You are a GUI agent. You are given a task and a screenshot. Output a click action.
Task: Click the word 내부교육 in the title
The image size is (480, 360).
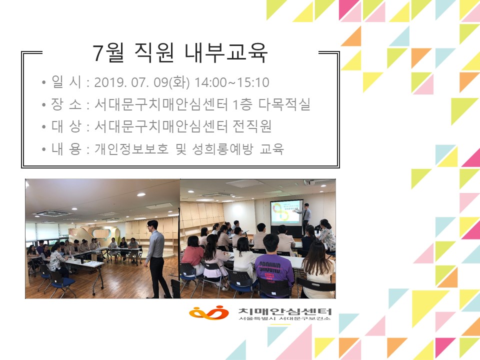226,52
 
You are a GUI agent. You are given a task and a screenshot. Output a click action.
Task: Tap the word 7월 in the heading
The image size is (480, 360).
108,52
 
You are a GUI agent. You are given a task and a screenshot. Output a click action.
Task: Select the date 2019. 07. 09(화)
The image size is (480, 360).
141,82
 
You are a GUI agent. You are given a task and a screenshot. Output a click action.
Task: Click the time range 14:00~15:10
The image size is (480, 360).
231,82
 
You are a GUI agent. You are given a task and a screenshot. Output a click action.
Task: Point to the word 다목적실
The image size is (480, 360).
284,104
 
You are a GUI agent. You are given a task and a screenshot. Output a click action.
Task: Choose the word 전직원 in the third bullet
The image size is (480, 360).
252,126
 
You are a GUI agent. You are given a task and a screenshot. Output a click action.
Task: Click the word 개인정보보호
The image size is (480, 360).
131,149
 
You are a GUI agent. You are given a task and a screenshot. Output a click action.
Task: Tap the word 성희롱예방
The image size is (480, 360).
222,149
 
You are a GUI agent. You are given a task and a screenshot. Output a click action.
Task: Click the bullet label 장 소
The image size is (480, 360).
66,104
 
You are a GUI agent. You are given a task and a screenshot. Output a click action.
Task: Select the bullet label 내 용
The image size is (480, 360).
66,149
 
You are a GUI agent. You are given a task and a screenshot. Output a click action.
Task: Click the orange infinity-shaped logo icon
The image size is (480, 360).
209,312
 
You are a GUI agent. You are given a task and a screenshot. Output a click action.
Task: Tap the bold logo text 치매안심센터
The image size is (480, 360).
285,311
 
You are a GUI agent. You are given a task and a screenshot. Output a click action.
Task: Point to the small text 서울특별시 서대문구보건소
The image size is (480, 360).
285,318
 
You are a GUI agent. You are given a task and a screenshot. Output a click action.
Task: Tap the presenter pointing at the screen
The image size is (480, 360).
305,217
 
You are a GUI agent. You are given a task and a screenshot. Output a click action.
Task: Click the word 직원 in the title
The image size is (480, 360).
154,52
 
